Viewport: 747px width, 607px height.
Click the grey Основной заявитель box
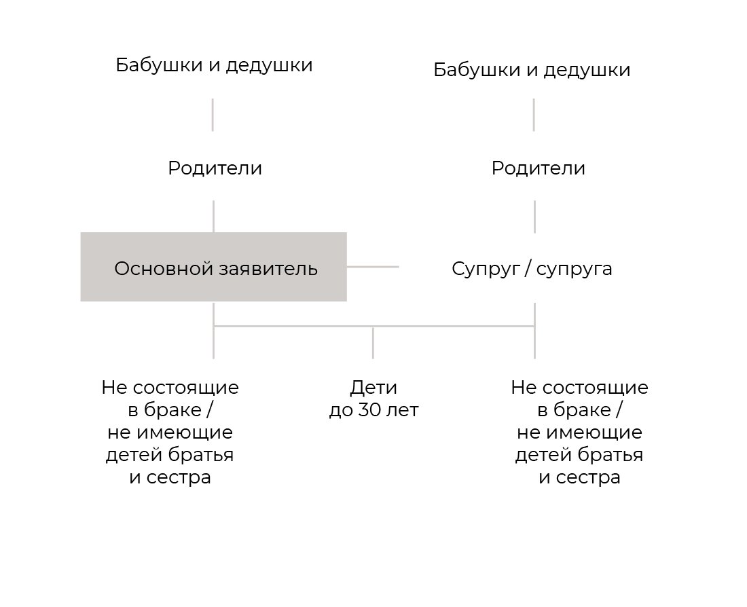coord(213,267)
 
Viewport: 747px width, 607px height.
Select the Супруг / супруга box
coord(533,267)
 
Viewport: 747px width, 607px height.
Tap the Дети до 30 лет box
coord(374,430)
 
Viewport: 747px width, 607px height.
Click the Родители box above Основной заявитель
coord(215,166)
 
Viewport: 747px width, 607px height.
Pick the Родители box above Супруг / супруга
coord(534,166)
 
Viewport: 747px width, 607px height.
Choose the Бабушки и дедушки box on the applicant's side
coord(213,64)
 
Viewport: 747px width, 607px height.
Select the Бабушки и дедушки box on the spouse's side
coord(532,64)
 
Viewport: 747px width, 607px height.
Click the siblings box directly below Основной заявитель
coord(169,430)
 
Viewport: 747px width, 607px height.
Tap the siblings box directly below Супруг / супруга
coord(579,430)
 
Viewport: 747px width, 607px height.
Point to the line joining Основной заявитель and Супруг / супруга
coord(373,267)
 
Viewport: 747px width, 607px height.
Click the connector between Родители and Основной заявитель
coord(214,217)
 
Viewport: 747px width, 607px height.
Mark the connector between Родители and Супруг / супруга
coord(534,217)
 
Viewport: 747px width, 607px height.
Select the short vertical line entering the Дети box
coord(373,344)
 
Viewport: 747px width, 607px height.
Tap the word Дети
coord(373,388)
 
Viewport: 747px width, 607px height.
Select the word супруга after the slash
coord(574,270)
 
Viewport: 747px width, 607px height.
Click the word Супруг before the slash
coord(484,270)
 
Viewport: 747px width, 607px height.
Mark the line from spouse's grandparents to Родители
coord(534,115)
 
